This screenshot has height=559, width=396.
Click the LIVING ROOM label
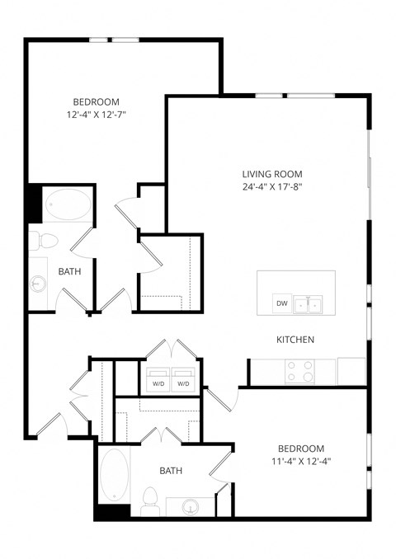[x=271, y=174]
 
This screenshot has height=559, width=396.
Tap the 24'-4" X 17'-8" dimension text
[x=271, y=188]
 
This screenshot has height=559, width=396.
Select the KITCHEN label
[x=295, y=340]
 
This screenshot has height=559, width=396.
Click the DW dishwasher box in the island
[x=281, y=303]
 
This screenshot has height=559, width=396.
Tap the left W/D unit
[x=158, y=383]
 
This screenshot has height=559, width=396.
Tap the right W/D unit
[x=183, y=383]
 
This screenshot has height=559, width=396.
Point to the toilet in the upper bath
[x=45, y=242]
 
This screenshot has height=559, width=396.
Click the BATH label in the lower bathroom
[x=171, y=471]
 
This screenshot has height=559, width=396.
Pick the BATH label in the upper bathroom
[x=69, y=270]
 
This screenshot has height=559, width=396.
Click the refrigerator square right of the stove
[x=351, y=370]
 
